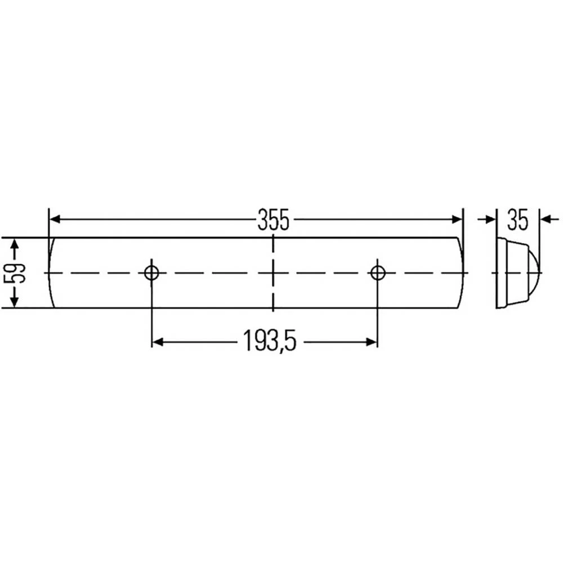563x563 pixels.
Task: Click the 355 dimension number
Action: pyautogui.click(x=273, y=220)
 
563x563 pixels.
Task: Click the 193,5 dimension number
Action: pyautogui.click(x=269, y=342)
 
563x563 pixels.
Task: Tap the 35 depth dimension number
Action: pyautogui.click(x=517, y=220)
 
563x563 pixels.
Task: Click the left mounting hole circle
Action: pyautogui.click(x=151, y=273)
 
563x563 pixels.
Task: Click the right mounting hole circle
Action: pyautogui.click(x=377, y=273)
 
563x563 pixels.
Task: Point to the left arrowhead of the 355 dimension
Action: pyautogui.click(x=55, y=219)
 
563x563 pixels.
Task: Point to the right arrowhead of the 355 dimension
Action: pyautogui.click(x=457, y=219)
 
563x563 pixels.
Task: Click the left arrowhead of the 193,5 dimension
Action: pyautogui.click(x=158, y=342)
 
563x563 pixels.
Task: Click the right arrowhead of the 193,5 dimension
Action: pyautogui.click(x=371, y=342)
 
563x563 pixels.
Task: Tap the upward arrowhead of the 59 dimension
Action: pyautogui.click(x=15, y=244)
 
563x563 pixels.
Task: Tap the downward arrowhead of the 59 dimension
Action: pyautogui.click(x=15, y=302)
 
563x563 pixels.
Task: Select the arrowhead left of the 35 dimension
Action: pyautogui.click(x=491, y=219)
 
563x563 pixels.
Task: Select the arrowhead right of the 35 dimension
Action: pyautogui.click(x=545, y=219)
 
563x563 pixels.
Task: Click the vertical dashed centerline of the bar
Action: pyautogui.click(x=273, y=293)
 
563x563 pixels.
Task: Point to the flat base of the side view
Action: pyautogui.click(x=499, y=273)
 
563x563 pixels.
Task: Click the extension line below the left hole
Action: pyautogui.click(x=151, y=315)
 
